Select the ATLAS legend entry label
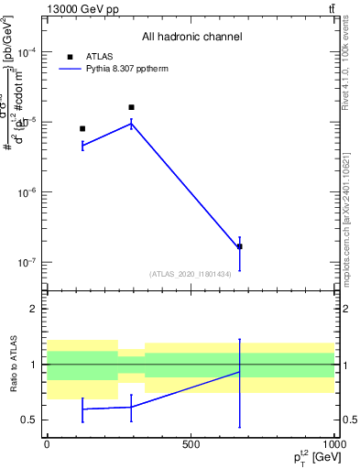click(x=99, y=56)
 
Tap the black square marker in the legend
click(x=71, y=56)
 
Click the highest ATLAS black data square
click(x=131, y=107)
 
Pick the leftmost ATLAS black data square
click(x=82, y=129)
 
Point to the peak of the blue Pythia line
click(x=131, y=123)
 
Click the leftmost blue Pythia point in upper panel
click(x=82, y=145)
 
